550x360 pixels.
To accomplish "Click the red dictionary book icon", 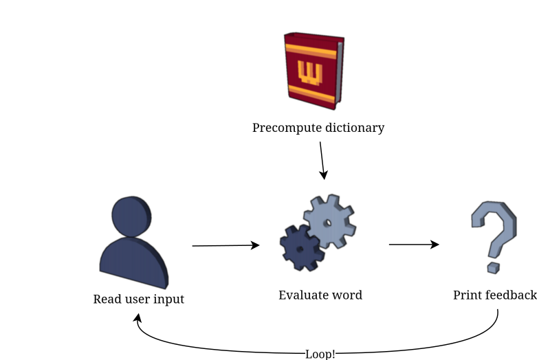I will [x=313, y=71].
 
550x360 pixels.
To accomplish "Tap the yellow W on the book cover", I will [x=307, y=72].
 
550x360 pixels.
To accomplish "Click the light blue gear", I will [x=329, y=222].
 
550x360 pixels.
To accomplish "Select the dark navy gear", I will [x=301, y=247].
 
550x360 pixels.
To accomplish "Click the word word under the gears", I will [x=347, y=295].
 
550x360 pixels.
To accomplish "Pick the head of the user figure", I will [x=131, y=216].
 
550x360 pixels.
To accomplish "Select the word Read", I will [x=107, y=300].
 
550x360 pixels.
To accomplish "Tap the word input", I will [x=169, y=300].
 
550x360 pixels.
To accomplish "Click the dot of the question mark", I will [x=493, y=267].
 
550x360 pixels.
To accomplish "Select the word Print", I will [x=467, y=295].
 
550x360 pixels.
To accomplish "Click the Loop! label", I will [x=320, y=355].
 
